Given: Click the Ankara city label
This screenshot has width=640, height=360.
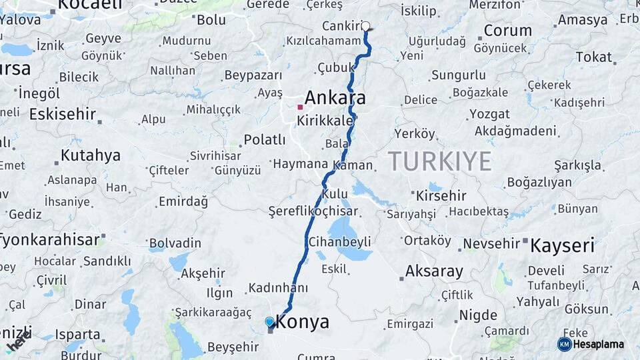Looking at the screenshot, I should point(335,98).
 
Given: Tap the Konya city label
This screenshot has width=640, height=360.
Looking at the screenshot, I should point(302,322).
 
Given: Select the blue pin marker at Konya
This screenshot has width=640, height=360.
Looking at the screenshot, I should point(269,322).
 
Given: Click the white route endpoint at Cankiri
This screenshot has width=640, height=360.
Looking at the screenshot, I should point(365,27).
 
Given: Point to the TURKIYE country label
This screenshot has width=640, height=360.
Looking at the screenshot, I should point(440,161).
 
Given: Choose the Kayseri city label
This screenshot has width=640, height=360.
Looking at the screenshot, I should point(562,246).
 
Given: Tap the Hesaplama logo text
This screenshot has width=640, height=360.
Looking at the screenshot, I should point(598,344).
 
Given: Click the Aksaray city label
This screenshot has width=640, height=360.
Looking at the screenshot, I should point(434,271).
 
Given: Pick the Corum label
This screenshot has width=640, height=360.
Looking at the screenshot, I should point(507,31).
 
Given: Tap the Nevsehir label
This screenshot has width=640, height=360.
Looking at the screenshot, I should point(491,243).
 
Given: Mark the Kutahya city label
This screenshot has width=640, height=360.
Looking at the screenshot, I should point(91,156).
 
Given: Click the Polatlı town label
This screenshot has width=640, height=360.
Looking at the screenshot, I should point(264,140).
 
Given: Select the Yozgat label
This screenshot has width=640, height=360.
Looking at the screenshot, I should point(489,114).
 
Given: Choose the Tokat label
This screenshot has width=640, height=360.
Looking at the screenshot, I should point(593,57).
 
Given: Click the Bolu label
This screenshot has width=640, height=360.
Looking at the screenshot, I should point(211,20).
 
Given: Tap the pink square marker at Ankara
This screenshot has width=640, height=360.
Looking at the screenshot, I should point(300,107).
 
